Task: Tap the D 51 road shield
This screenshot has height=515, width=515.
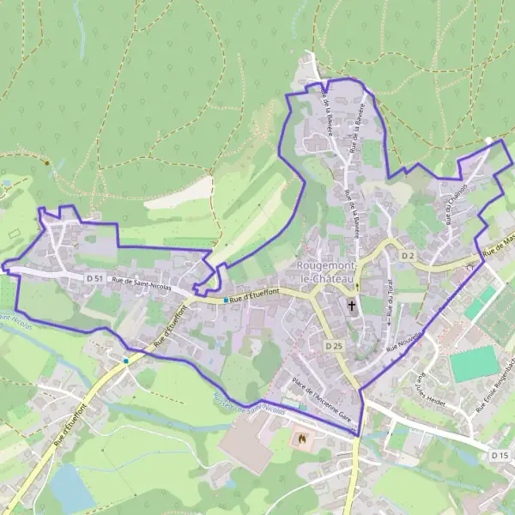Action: point(95,279)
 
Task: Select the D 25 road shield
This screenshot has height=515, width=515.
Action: point(334,346)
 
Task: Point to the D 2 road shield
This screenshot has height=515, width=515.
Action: point(407,256)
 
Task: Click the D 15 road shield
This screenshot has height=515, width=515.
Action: point(500,454)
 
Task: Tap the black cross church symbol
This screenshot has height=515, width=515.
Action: point(351,305)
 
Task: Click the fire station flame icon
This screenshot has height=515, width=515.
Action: point(301,439)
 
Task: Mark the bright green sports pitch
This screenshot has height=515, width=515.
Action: point(475,363)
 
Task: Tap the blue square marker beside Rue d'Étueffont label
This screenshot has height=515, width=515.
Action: point(225,300)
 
